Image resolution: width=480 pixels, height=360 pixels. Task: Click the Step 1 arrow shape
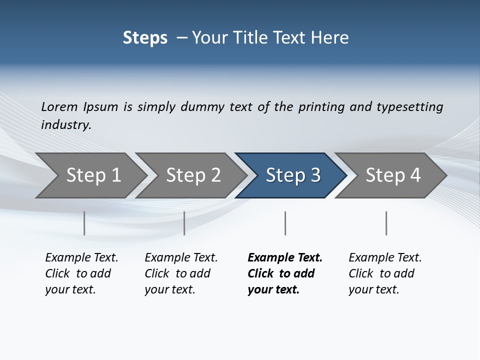pos(93,175)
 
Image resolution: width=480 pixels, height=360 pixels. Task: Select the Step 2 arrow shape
pos(193,175)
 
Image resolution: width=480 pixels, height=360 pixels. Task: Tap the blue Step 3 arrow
pos(292,175)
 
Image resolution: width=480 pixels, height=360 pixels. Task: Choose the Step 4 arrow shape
pos(392,175)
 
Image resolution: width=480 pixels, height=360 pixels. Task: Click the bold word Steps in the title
pos(145,38)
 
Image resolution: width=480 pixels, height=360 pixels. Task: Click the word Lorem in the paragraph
pos(59,107)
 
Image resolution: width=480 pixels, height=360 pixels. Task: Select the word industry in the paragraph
pos(65,125)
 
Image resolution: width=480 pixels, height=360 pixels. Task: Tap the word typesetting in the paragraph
pos(409,107)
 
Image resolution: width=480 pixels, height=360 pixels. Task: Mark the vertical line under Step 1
pos(84,223)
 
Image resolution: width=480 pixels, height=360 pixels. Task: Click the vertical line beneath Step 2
pos(184,223)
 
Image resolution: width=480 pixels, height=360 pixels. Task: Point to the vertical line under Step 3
pos(285,223)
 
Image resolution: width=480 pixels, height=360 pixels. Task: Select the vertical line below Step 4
pos(386,223)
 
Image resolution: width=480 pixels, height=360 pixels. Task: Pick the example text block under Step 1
pos(81,273)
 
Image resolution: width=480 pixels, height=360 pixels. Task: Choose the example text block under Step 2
pos(181,273)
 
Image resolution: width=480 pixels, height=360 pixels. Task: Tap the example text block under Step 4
pos(385,273)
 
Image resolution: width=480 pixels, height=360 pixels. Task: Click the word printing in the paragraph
pos(321,107)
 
